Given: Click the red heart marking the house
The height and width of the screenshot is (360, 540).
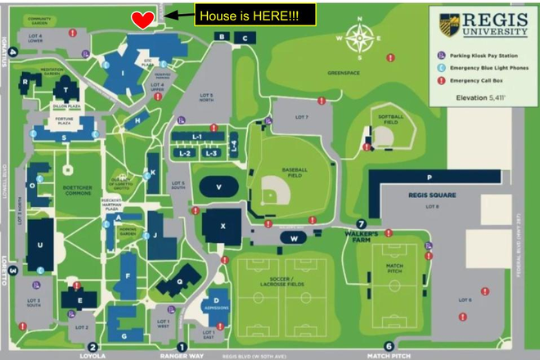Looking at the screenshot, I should click(x=142, y=20).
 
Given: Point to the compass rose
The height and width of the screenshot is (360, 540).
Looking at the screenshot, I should click(x=358, y=39).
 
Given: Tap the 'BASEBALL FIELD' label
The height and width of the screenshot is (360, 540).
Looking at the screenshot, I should click(x=293, y=172).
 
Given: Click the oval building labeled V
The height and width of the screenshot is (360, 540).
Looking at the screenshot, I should click(x=219, y=187).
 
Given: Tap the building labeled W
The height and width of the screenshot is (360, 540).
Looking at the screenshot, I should click(x=293, y=237).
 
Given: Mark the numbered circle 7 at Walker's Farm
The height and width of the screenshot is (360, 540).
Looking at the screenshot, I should click(x=360, y=223).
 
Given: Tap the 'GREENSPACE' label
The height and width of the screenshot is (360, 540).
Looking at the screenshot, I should click(x=344, y=72).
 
